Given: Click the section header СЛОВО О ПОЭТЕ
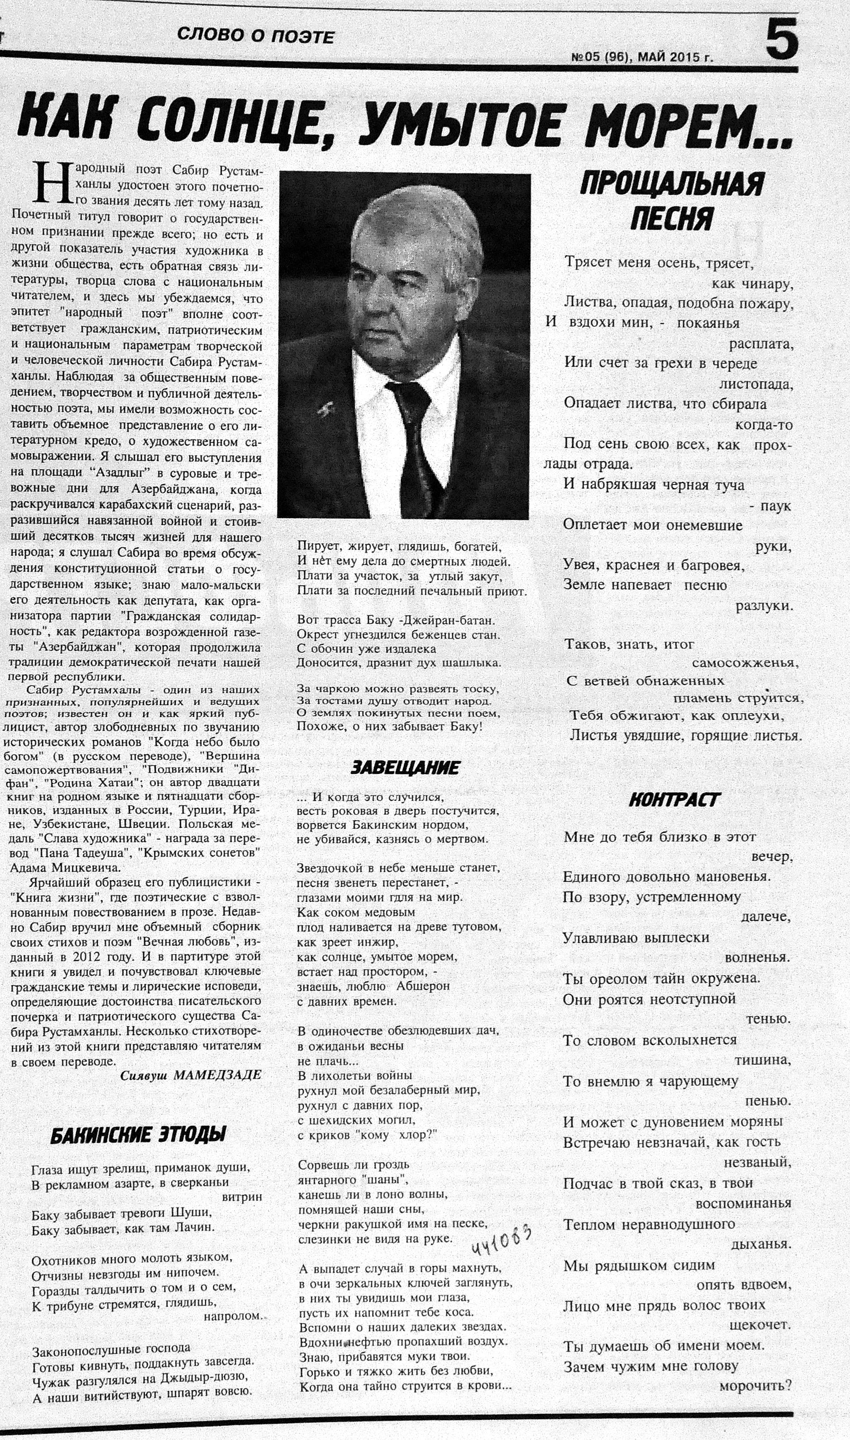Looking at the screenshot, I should point(255,36).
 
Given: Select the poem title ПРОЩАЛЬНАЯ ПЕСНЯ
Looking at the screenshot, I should point(671,200).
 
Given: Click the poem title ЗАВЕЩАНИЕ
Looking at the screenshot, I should point(404,768).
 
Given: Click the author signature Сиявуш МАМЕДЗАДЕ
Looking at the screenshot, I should point(191,1075).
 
